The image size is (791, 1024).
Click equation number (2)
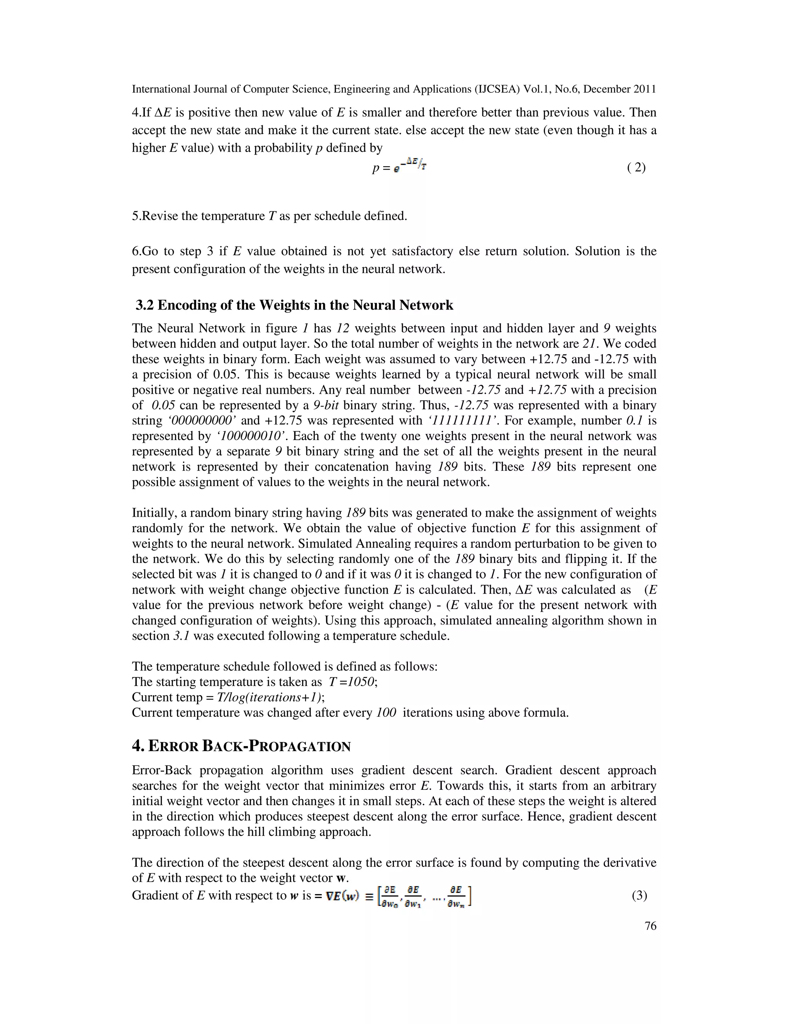636,167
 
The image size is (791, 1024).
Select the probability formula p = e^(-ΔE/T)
399,167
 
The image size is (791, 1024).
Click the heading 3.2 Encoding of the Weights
294,305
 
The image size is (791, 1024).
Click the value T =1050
352,682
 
